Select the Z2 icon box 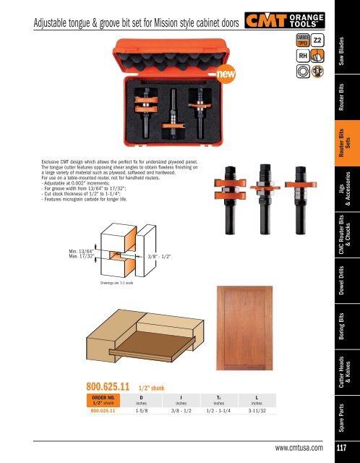(x=318, y=39)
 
